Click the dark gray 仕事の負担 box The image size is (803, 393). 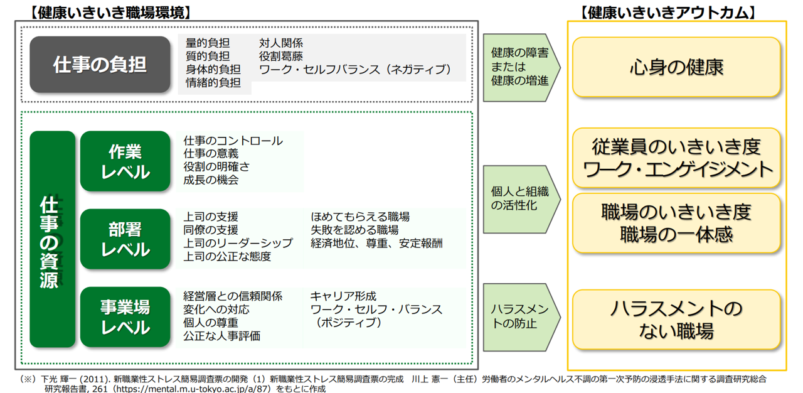100,65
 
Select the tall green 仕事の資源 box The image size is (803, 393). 52,239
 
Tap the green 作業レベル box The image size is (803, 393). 125,161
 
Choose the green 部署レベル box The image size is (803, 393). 125,239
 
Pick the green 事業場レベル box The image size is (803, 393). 125,317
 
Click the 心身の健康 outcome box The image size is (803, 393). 676,67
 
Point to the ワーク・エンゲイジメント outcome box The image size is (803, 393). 676,158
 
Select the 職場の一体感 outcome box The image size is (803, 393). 676,223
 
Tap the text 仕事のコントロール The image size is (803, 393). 233,141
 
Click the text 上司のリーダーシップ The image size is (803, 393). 238,243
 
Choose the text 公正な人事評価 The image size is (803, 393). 221,336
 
